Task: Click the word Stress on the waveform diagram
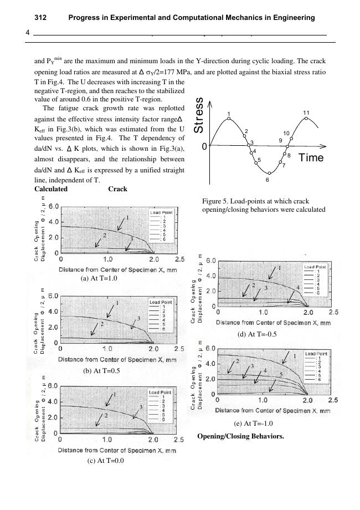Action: tap(200, 115)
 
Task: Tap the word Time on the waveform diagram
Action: tap(311, 158)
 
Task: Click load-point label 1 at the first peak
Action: tap(228, 114)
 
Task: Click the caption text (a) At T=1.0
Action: tap(99, 278)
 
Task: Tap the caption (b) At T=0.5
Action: tap(101, 370)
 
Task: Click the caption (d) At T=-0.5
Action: tap(257, 334)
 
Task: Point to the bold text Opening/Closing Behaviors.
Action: tap(240, 436)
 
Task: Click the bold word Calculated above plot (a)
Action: tap(51, 189)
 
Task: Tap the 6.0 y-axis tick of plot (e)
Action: tap(210, 349)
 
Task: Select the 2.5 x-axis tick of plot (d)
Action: tap(333, 312)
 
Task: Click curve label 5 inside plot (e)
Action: tap(281, 375)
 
